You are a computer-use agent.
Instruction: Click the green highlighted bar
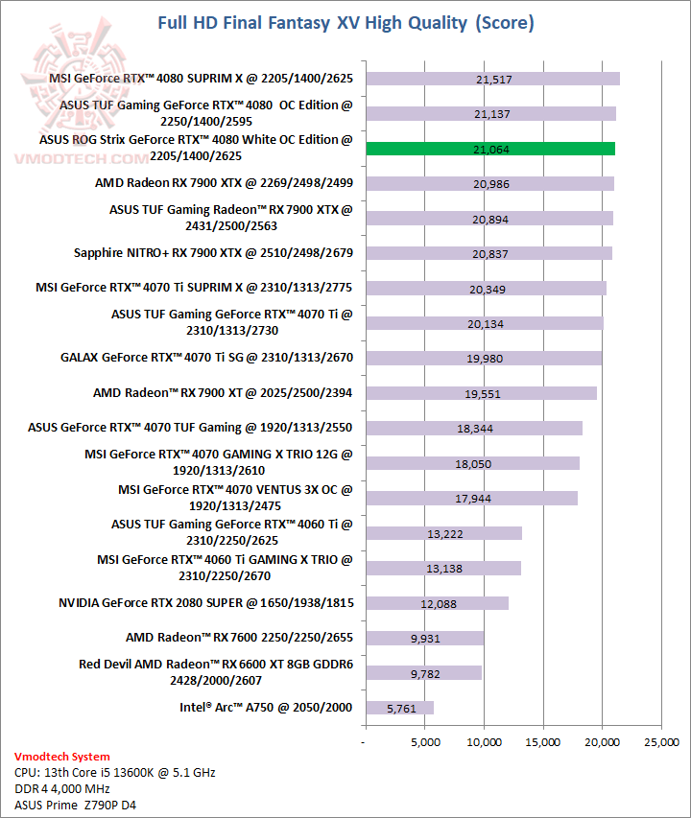click(x=489, y=149)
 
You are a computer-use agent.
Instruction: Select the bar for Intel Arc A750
click(x=398, y=708)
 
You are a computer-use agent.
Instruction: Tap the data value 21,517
click(x=492, y=80)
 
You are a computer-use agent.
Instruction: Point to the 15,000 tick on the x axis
click(x=542, y=742)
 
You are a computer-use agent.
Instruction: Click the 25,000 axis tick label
click(x=660, y=742)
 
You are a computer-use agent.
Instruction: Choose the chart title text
click(x=345, y=22)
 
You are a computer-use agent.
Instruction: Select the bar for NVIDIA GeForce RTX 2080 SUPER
click(x=436, y=603)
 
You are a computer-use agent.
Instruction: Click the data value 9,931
click(x=424, y=639)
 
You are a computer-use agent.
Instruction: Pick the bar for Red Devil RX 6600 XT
click(x=422, y=672)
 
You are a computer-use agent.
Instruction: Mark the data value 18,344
click(x=473, y=429)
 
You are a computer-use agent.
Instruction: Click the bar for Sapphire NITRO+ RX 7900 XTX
click(x=488, y=253)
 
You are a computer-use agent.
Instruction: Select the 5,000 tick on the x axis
click(x=424, y=742)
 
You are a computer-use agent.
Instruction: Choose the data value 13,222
click(x=442, y=533)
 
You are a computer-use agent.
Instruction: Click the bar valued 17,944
click(x=470, y=498)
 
